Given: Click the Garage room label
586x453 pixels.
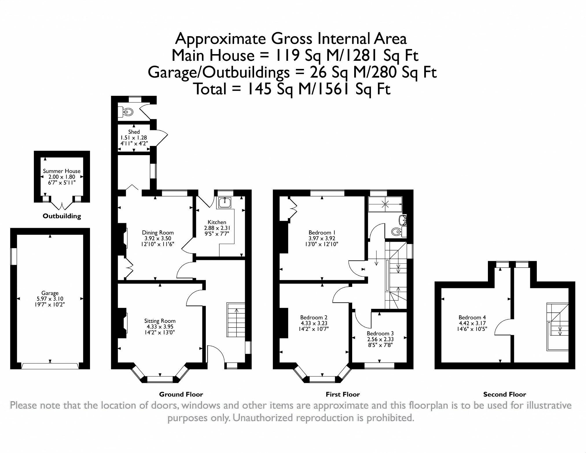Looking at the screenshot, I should [x=50, y=293].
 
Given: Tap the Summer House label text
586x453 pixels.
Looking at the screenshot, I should [x=62, y=171].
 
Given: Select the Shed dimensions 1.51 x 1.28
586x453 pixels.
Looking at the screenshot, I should [x=134, y=138].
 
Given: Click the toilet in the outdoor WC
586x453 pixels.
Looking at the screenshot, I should [x=127, y=112].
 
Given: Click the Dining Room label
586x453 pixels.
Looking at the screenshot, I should [x=158, y=232].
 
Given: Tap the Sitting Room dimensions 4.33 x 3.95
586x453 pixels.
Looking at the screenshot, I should [x=160, y=327].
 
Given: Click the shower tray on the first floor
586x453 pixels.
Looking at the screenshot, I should [x=385, y=204].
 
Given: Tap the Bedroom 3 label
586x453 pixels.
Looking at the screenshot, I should [x=380, y=333].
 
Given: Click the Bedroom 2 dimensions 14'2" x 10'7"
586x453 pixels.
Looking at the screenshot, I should [x=314, y=329].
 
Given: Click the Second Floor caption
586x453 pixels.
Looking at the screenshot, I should [x=504, y=394].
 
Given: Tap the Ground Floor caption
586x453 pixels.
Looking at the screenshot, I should [x=181, y=394].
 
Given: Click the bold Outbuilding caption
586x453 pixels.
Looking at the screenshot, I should [x=62, y=216].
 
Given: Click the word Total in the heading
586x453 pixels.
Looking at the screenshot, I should [x=210, y=89].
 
